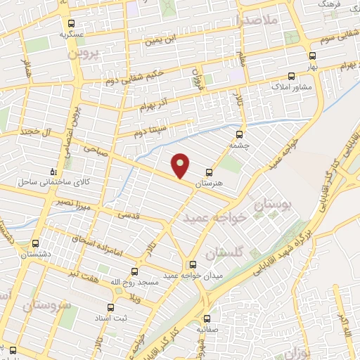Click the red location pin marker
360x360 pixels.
click(181, 165)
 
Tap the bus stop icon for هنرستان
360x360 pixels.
click(209, 172)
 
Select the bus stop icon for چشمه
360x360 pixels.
click(240, 134)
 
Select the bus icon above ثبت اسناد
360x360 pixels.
click(110, 307)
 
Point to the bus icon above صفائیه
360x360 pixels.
click(207, 318)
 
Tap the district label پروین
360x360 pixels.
click(84, 52)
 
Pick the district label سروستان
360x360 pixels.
click(46, 306)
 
